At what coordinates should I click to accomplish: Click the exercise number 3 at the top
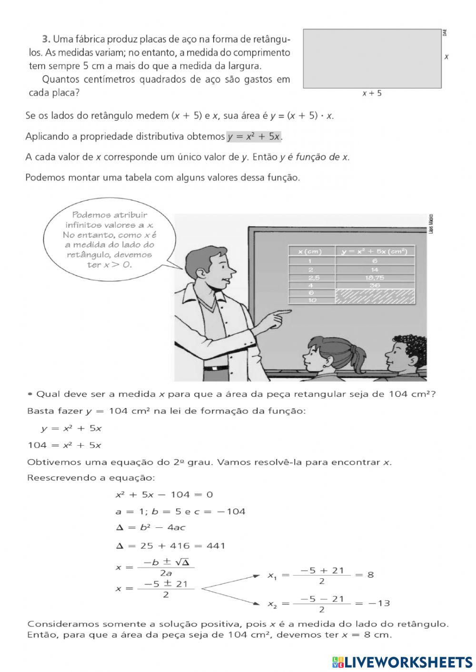coord(46,39)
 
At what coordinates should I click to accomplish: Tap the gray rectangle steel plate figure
coord(372,58)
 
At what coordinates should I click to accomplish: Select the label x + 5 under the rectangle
coord(372,94)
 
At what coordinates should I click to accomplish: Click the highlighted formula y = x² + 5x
coord(254,137)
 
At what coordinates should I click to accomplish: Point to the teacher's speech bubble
coord(109,240)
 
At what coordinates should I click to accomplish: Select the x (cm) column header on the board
coord(310,252)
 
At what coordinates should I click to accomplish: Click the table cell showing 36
coord(376,285)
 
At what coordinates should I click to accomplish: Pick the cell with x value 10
coord(312,301)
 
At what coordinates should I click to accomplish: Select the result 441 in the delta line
coord(216,545)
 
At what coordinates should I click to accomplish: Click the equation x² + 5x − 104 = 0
coord(164,495)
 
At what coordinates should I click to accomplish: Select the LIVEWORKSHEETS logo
coord(402,662)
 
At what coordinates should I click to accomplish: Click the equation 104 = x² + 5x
coord(64,445)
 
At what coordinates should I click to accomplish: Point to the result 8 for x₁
coord(370,575)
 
